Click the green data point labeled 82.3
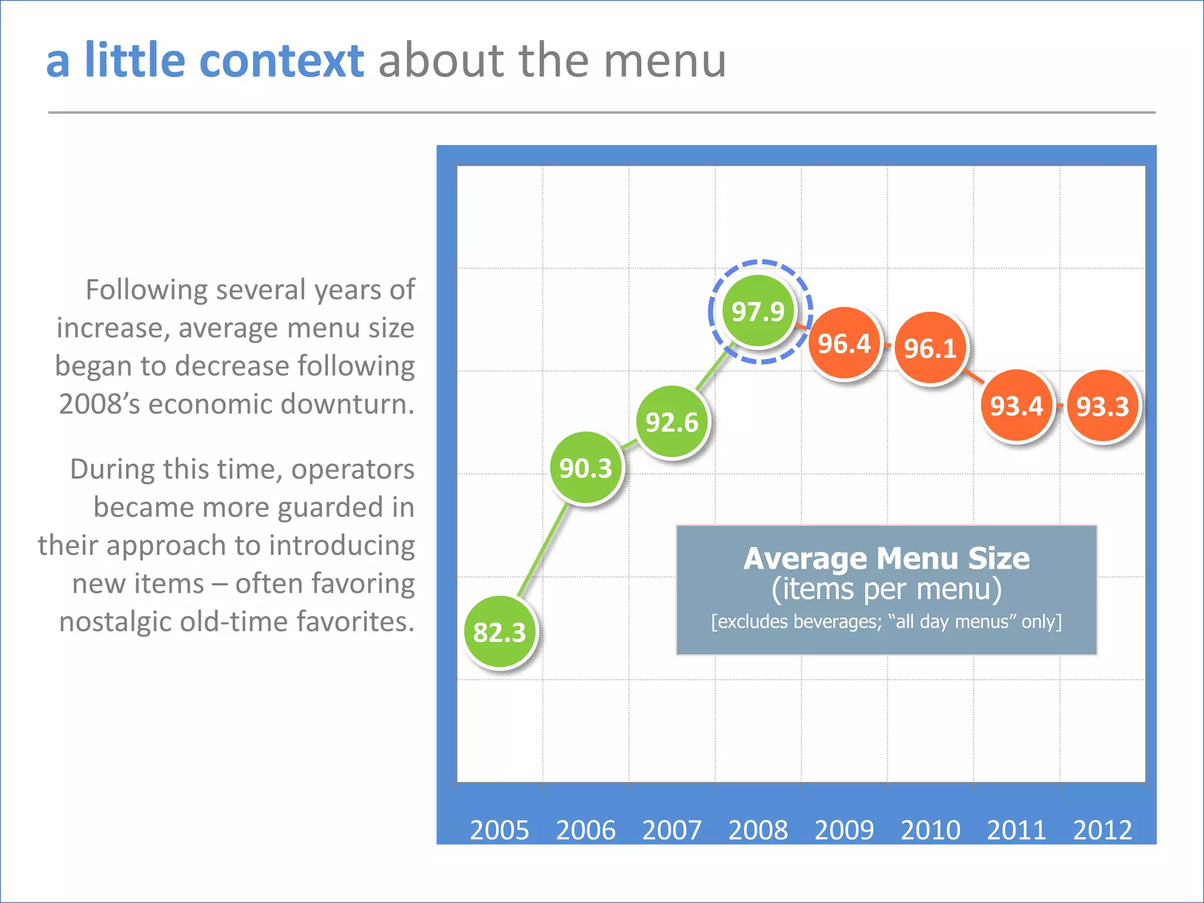(x=500, y=632)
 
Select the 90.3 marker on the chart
(x=586, y=469)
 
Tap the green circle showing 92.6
(x=672, y=422)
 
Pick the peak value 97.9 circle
(x=758, y=312)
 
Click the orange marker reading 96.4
(x=844, y=344)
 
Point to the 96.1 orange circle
(x=930, y=349)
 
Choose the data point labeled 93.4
(x=1016, y=406)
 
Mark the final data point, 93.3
(x=1102, y=406)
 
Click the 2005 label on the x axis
(x=500, y=830)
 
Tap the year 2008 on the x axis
(x=758, y=830)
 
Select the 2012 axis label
(x=1102, y=830)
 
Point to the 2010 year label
(x=930, y=830)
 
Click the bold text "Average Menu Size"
(x=887, y=558)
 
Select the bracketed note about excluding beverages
(x=887, y=621)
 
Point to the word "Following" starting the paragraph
(x=146, y=290)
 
